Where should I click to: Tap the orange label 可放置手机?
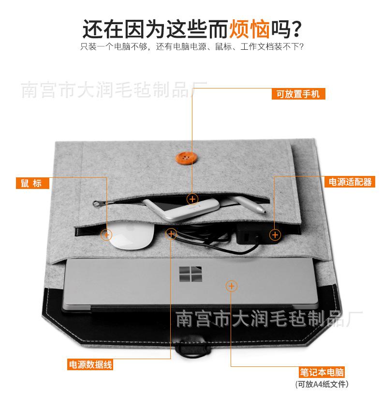point(298,94)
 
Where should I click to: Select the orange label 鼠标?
point(31,183)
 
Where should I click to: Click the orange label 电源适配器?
point(350,182)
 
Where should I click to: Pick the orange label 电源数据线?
point(90,365)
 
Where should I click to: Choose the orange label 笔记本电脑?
point(322,373)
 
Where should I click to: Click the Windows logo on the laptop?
point(190,275)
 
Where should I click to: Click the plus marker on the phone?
point(192,199)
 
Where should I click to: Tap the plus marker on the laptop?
point(232,286)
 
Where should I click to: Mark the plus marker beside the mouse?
point(106,235)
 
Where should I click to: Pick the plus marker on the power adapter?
point(275,235)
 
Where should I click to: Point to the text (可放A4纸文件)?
point(322,385)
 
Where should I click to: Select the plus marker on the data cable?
point(171,234)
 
